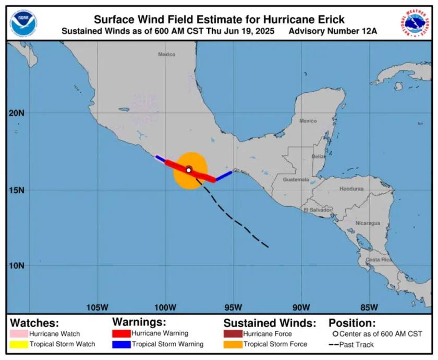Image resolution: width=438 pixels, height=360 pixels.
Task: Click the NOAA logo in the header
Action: [23, 22]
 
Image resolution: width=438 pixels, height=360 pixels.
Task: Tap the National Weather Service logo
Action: [416, 22]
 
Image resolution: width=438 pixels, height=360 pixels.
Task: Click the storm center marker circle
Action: [189, 170]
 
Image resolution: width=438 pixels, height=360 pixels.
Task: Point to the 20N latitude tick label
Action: [17, 113]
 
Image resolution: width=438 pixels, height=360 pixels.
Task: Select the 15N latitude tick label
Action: [17, 190]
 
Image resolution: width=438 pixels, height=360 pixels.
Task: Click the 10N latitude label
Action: [17, 265]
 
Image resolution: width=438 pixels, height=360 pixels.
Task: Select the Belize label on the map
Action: [319, 156]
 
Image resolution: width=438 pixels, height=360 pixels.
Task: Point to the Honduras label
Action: [351, 189]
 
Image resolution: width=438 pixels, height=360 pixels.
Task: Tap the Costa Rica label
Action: [379, 259]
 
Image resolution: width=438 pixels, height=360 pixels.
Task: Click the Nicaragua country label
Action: [368, 223]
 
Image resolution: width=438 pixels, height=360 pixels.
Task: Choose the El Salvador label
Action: [318, 209]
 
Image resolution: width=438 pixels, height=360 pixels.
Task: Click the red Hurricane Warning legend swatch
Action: [121, 333]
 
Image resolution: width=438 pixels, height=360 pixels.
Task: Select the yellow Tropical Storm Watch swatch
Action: [19, 344]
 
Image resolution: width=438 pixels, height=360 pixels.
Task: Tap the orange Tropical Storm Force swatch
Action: [233, 344]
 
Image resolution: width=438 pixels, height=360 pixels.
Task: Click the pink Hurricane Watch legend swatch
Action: [19, 333]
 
